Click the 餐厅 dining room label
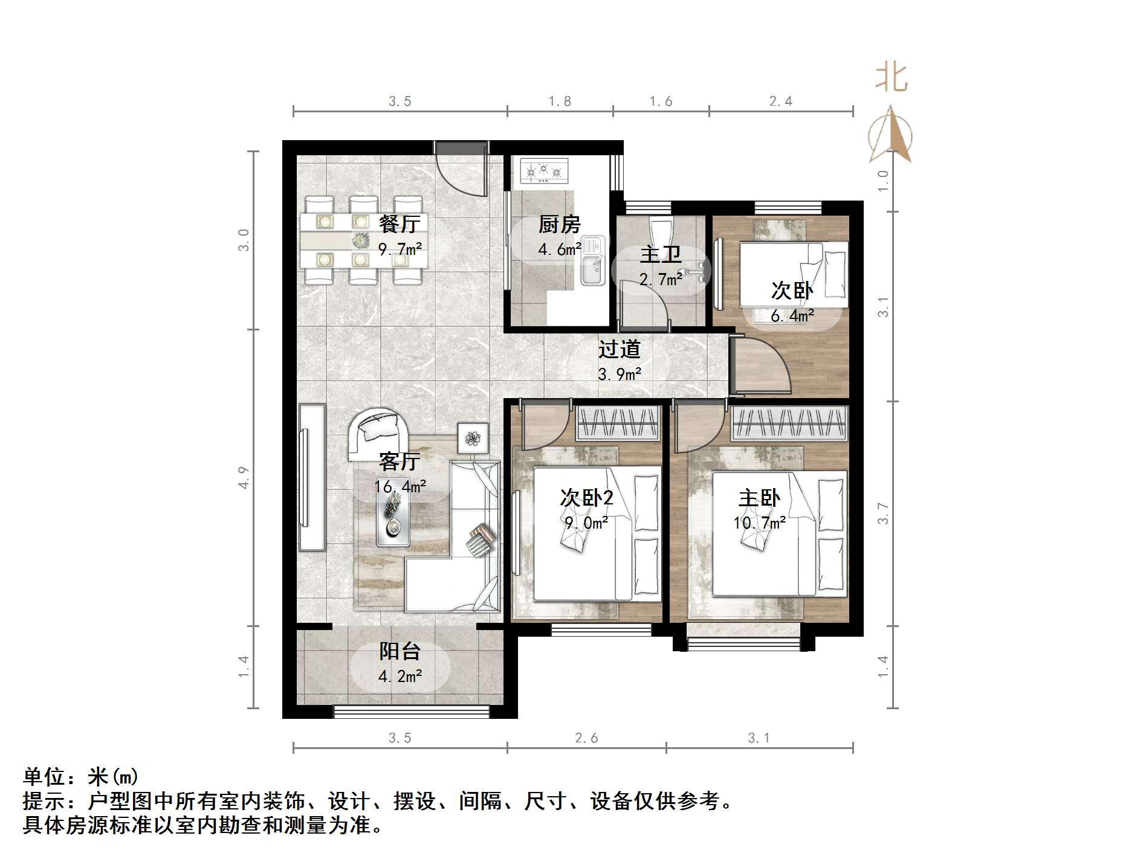click(399, 224)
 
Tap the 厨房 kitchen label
click(559, 225)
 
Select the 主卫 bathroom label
click(660, 254)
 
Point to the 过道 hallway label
click(619, 349)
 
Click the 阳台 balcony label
click(400, 651)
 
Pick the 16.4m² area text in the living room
click(400, 486)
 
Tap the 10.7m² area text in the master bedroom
click(760, 523)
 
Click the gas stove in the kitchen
click(543, 172)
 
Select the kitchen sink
click(593, 268)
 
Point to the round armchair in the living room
click(378, 432)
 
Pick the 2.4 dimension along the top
click(780, 101)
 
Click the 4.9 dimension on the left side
click(244, 477)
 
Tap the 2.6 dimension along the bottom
click(586, 738)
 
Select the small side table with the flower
click(473, 436)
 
